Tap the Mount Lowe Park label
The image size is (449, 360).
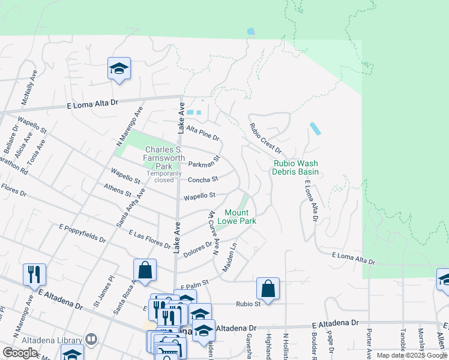240,217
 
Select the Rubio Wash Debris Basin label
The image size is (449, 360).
296,167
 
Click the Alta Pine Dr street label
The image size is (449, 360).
203,133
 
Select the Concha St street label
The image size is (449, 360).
202,179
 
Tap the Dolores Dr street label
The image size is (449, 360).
197,248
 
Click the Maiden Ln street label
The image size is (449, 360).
230,257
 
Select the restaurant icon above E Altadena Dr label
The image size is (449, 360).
34,274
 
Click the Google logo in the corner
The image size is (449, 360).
20,353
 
